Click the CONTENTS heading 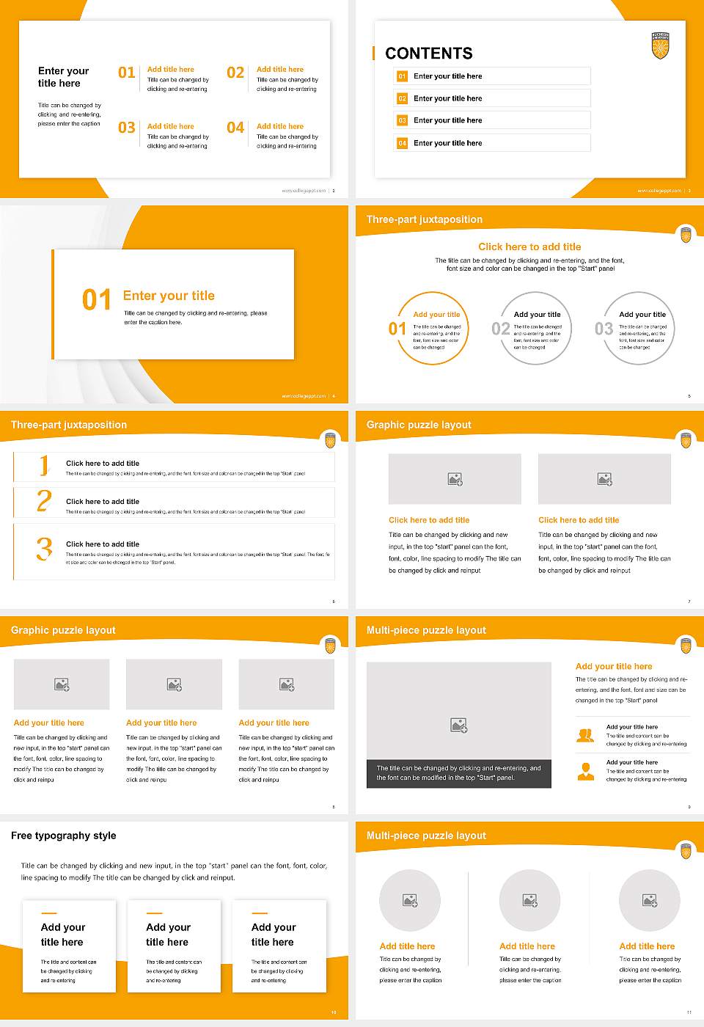[429, 54]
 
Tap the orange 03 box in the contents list [402, 120]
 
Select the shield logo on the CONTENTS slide [660, 45]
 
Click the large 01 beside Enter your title [97, 300]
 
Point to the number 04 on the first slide [235, 128]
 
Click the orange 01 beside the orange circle [397, 329]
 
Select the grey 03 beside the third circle [604, 329]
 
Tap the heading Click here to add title [529, 247]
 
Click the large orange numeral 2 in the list [44, 501]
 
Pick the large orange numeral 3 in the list [44, 549]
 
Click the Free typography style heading [64, 836]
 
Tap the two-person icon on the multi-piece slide [585, 735]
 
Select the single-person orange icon [585, 771]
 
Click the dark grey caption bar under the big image [458, 773]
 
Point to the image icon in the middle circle [529, 900]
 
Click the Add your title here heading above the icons [613, 667]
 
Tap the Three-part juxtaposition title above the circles [425, 219]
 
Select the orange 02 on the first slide [235, 73]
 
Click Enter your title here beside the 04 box [447, 143]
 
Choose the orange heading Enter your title [169, 296]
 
